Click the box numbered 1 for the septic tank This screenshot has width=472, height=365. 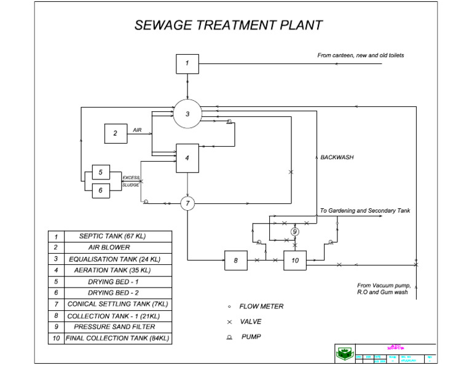pyautogui.click(x=187, y=63)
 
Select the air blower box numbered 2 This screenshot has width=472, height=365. pyautogui.click(x=115, y=133)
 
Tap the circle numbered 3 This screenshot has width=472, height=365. pyautogui.click(x=187, y=114)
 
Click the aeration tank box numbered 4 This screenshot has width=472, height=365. pyautogui.click(x=187, y=158)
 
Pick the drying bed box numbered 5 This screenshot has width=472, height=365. pyautogui.click(x=101, y=173)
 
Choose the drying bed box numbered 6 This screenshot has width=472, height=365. pyautogui.click(x=101, y=190)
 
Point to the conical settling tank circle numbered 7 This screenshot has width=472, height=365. pyautogui.click(x=187, y=203)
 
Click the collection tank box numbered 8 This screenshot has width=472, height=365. pyautogui.click(x=235, y=261)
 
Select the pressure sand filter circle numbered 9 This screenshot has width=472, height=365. pyautogui.click(x=295, y=232)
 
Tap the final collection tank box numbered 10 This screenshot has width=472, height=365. pyautogui.click(x=295, y=261)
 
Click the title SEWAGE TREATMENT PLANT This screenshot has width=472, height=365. pyautogui.click(x=228, y=25)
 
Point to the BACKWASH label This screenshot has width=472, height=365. pyautogui.click(x=337, y=157)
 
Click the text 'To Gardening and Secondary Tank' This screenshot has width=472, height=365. pyautogui.click(x=364, y=211)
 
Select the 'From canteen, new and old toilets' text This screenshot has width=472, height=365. pyautogui.click(x=360, y=55)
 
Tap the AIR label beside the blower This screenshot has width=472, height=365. pyautogui.click(x=137, y=130)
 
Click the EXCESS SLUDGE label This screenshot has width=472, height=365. pyautogui.click(x=131, y=181)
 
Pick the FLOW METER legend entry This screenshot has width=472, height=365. pyautogui.click(x=261, y=306)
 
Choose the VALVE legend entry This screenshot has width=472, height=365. pyautogui.click(x=251, y=321)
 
